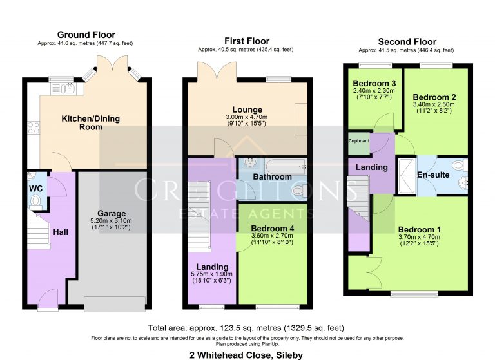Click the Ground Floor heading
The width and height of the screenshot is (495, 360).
(x=86, y=35)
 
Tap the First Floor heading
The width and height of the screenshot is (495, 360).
(x=247, y=41)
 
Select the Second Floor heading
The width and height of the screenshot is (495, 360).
(x=407, y=42)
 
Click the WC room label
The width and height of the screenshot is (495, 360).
(x=35, y=189)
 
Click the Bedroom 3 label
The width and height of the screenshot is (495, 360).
(x=374, y=84)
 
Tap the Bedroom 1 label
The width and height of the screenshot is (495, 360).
(x=420, y=230)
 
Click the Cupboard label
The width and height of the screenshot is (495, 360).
(x=358, y=141)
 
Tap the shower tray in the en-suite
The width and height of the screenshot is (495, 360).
(x=407, y=175)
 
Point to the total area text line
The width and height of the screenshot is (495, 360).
(x=247, y=327)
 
